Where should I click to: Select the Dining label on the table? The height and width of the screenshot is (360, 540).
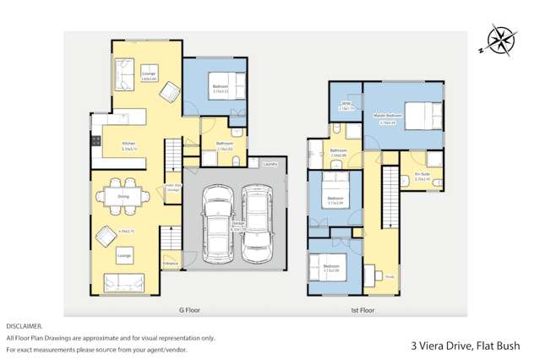123,196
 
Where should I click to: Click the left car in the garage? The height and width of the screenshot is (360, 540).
217,224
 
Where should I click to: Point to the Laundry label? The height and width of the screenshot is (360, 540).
270,164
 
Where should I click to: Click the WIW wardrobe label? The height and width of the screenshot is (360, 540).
346,106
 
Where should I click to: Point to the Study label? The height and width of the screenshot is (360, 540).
390,275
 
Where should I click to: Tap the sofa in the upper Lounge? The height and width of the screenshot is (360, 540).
123,75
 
